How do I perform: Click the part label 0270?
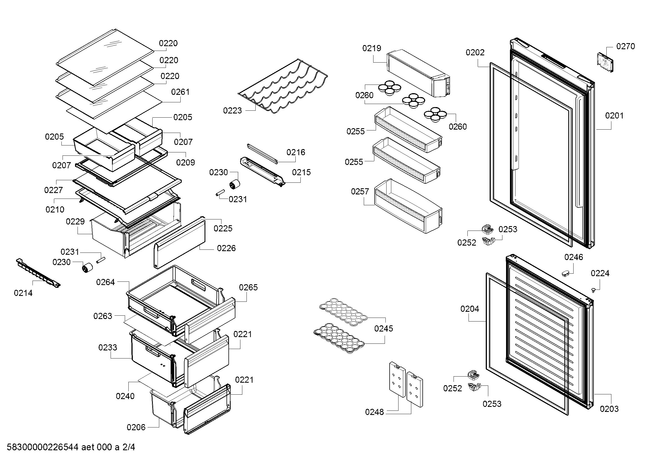(625, 46)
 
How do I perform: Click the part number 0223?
(232, 110)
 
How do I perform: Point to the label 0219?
(372, 48)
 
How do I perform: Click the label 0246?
(574, 257)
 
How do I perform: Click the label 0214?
(23, 293)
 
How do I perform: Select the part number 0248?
(374, 412)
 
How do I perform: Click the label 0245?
(383, 328)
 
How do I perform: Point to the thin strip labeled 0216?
(262, 153)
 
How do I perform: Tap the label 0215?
(301, 172)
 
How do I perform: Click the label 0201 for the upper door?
(614, 116)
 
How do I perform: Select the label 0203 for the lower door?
(609, 409)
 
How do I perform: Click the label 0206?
(136, 427)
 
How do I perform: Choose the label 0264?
(105, 282)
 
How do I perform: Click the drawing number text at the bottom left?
(71, 447)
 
